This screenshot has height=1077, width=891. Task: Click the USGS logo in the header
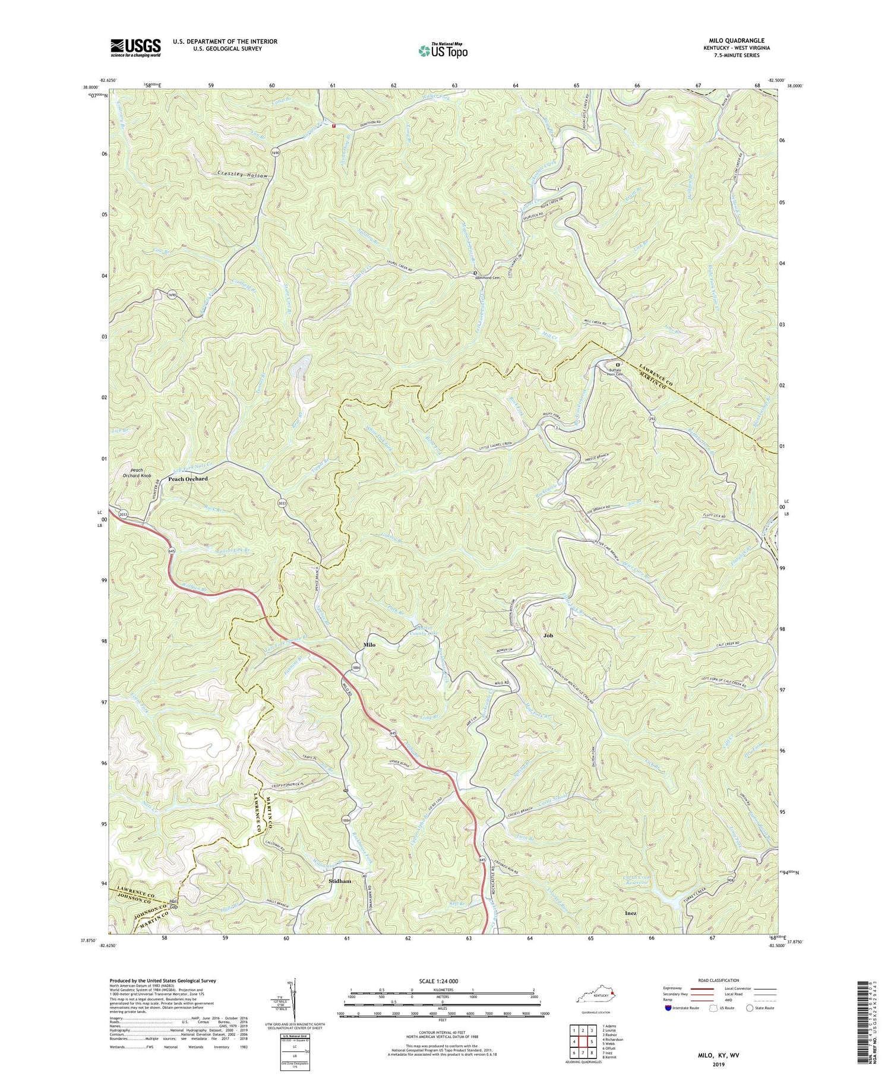[x=135, y=48]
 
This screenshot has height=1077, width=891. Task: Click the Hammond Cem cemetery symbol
[x=475, y=273]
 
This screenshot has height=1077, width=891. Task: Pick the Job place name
[x=548, y=636]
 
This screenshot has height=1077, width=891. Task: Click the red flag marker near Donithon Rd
[x=334, y=125]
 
